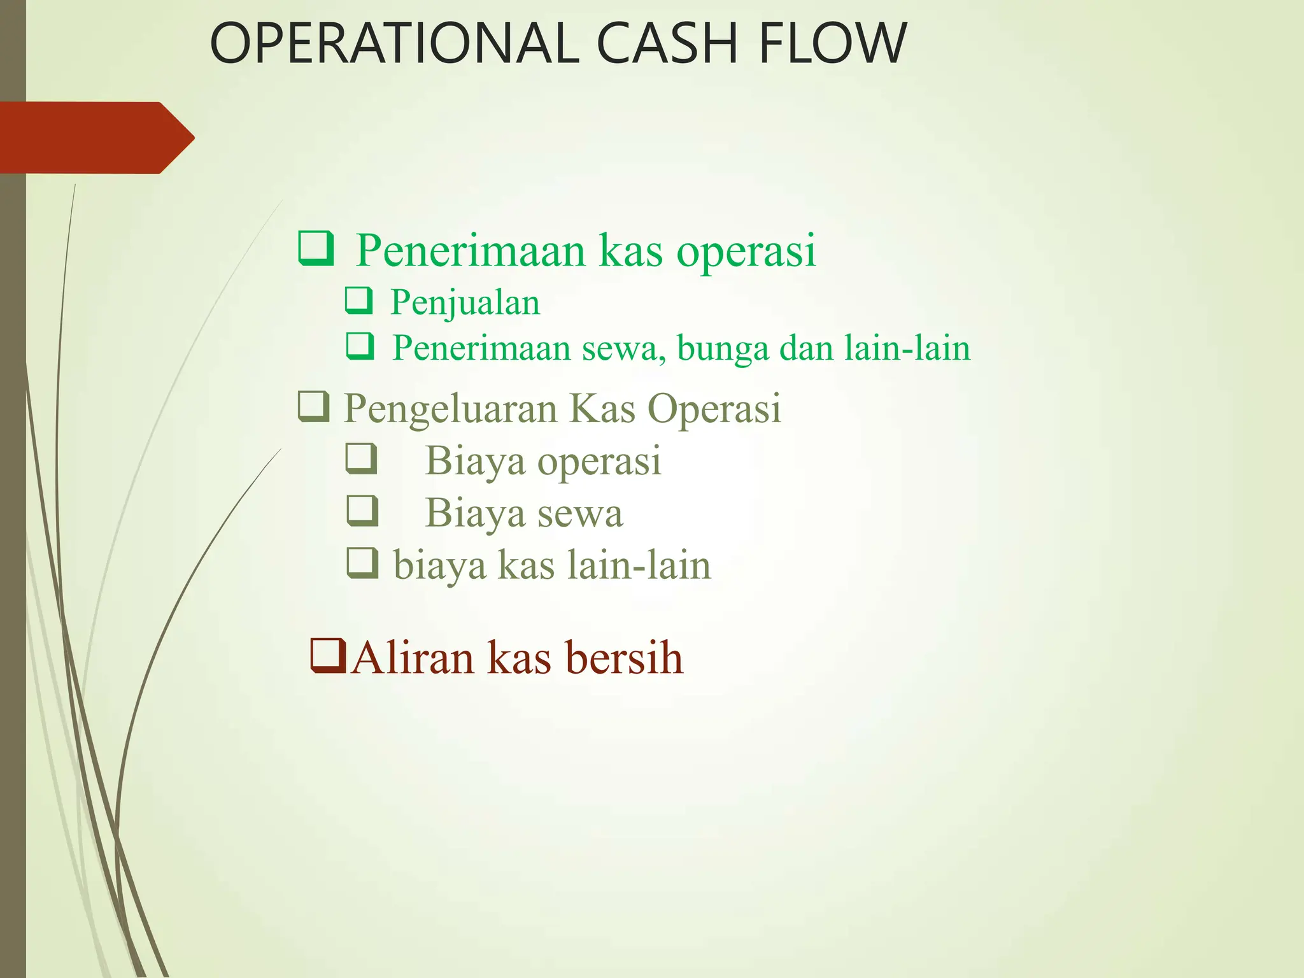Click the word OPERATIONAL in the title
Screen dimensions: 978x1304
click(x=394, y=43)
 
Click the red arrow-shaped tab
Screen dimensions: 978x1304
click(x=96, y=138)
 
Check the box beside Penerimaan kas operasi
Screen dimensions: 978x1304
click(x=316, y=249)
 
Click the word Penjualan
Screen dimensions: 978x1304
click(x=465, y=302)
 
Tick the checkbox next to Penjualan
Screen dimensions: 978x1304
click(x=359, y=301)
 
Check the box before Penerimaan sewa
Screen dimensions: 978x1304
click(x=360, y=347)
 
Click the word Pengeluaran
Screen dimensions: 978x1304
click(x=451, y=408)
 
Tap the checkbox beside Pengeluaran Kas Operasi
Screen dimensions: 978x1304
click(x=314, y=407)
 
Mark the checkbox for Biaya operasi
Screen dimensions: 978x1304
click(x=362, y=459)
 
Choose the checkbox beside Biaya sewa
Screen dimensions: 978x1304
click(x=362, y=511)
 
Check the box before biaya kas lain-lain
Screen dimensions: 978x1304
click(x=362, y=563)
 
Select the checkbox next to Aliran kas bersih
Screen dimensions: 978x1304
click(x=328, y=656)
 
